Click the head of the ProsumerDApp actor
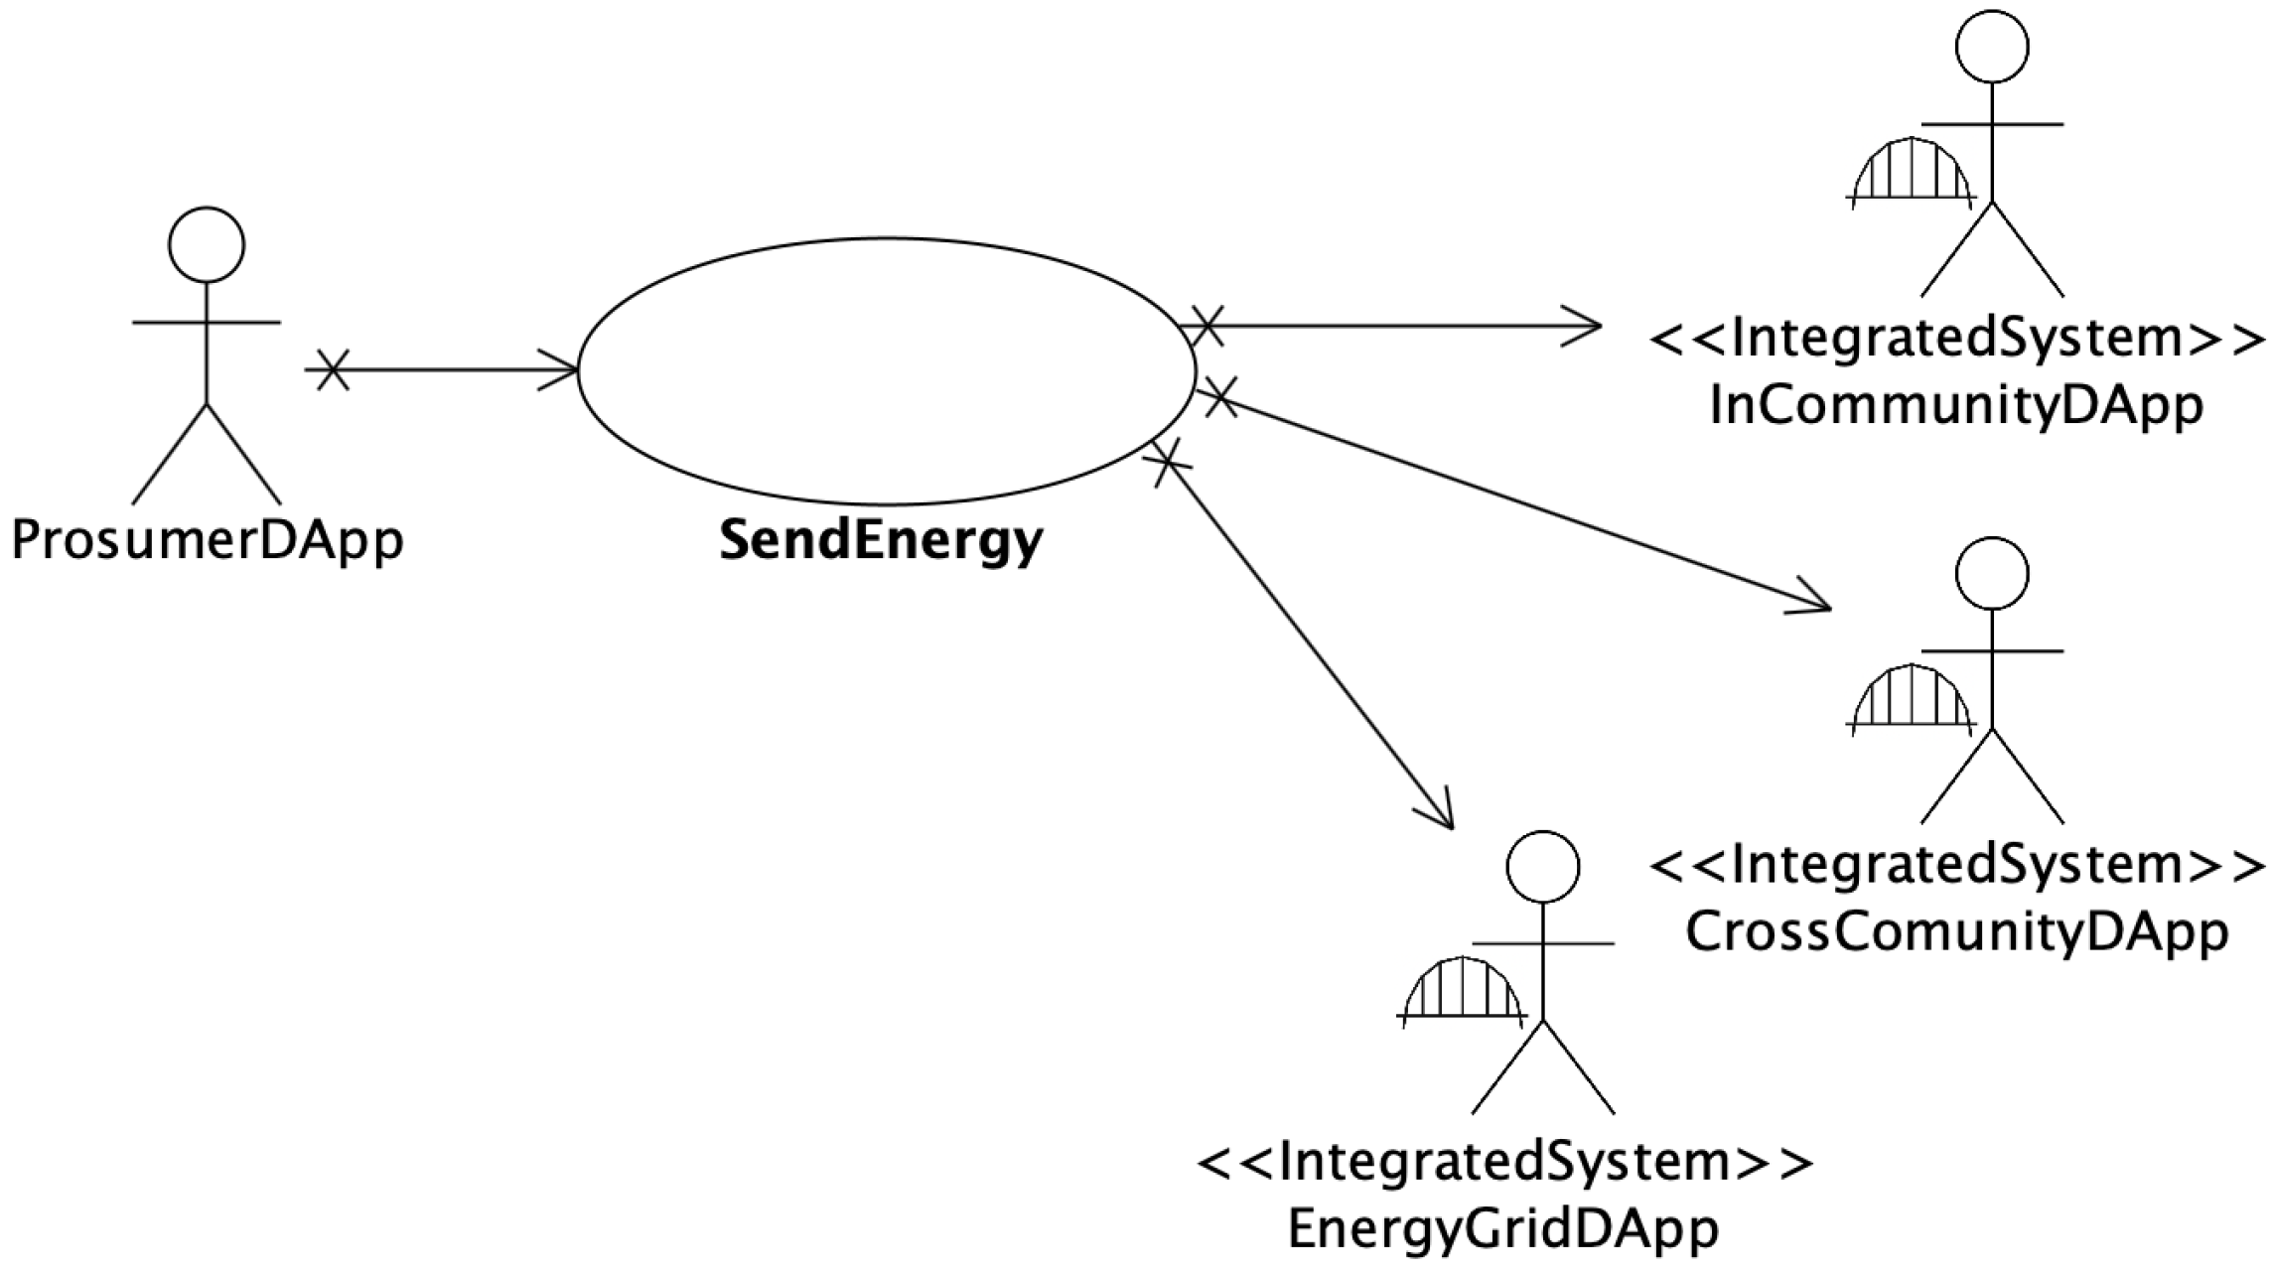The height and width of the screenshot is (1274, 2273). tap(207, 245)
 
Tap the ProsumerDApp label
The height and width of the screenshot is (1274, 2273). tap(208, 541)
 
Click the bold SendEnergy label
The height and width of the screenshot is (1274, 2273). tap(881, 541)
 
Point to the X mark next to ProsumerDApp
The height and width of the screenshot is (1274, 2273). tap(333, 370)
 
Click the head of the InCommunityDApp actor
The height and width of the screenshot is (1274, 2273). tap(1992, 47)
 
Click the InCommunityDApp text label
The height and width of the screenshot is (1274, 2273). tap(1956, 406)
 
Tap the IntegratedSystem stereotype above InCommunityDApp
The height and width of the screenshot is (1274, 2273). tap(1956, 339)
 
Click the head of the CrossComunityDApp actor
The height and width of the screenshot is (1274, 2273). tap(1992, 574)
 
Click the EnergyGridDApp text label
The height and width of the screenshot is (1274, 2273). tap(1503, 1229)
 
